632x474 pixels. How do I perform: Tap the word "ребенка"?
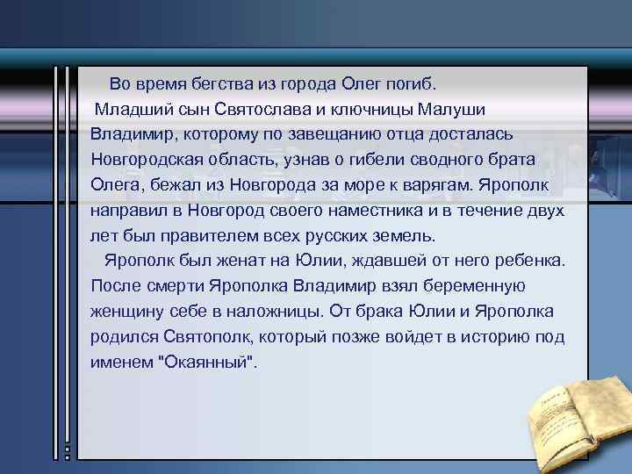[532, 261]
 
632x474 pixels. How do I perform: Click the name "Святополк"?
[201, 337]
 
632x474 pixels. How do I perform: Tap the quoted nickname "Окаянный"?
[206, 363]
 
